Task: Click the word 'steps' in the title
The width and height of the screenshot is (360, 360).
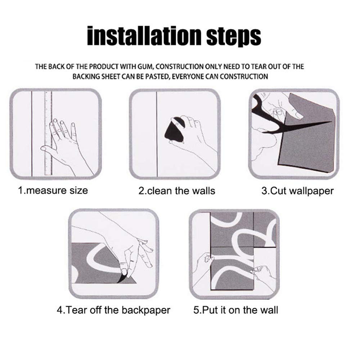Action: click(x=234, y=37)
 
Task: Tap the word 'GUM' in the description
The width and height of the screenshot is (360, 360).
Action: click(x=145, y=67)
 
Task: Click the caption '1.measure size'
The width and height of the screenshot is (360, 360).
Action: click(x=53, y=190)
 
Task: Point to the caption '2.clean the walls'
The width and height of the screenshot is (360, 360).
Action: click(x=177, y=191)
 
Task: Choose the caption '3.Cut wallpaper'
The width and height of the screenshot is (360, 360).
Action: click(x=298, y=191)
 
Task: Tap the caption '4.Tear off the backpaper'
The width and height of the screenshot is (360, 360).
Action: click(x=113, y=310)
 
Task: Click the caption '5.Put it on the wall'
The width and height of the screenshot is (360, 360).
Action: click(x=235, y=310)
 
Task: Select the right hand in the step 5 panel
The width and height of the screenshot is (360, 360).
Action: click(x=264, y=275)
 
